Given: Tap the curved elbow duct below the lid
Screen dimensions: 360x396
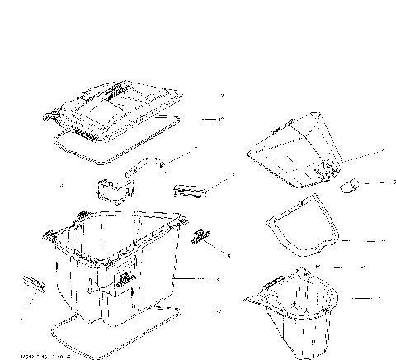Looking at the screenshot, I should [148, 165].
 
